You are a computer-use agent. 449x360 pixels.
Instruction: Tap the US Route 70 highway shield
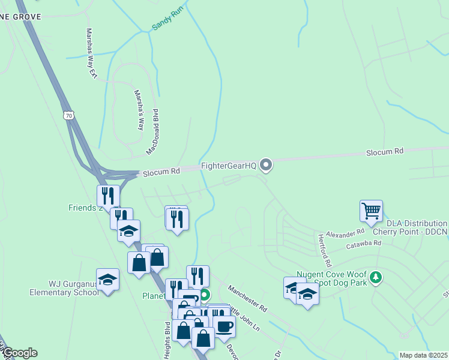69,114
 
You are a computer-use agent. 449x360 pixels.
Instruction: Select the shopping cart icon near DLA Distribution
372,211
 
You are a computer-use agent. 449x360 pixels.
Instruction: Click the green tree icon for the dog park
376,277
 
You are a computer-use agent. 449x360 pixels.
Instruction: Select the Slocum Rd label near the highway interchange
161,172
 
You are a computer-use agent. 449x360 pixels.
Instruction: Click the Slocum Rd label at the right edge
385,152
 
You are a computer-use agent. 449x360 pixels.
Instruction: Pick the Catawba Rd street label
364,244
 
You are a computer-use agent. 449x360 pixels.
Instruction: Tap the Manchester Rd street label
247,298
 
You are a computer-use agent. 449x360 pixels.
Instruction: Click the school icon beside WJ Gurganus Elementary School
107,279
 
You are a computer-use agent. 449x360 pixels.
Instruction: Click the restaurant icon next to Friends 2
109,195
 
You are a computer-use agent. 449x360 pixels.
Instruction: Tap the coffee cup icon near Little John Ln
224,326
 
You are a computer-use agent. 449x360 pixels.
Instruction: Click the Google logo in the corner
19,353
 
